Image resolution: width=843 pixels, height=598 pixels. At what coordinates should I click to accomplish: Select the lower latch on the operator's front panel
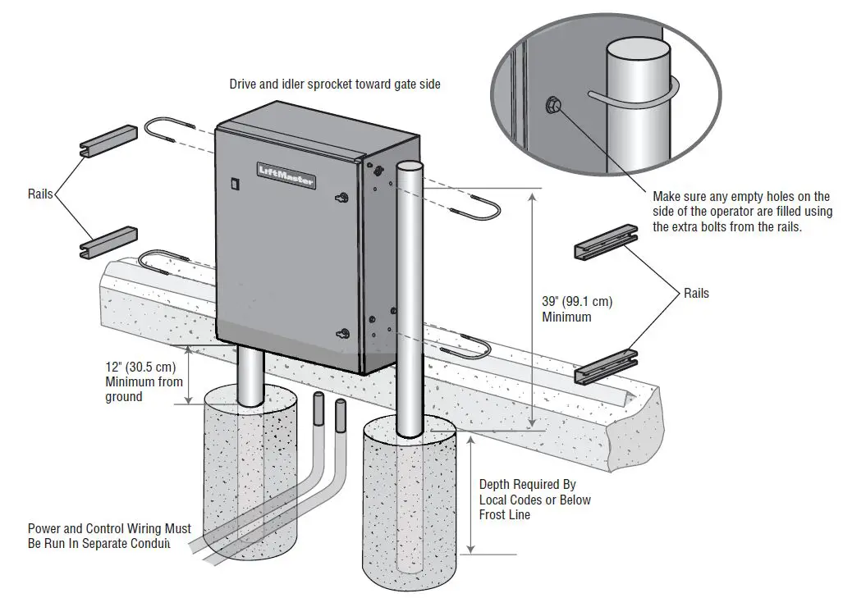point(343,333)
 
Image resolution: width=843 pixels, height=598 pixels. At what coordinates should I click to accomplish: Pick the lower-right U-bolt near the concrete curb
point(471,351)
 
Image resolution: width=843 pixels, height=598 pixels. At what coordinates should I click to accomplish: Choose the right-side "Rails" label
point(697,293)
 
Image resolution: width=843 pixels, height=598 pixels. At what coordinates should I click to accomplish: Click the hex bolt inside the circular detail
point(554,104)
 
